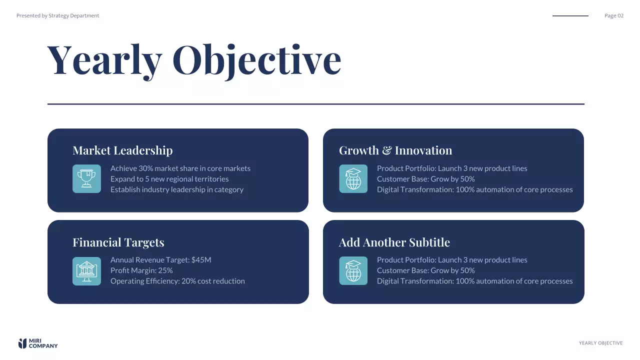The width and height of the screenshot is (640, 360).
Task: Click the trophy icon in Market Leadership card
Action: pyautogui.click(x=86, y=179)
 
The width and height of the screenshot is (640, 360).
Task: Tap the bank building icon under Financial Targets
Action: pyautogui.click(x=86, y=271)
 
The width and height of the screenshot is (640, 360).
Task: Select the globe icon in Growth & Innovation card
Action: pyautogui.click(x=353, y=179)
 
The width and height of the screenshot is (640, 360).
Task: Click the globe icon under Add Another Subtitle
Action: pyautogui.click(x=353, y=271)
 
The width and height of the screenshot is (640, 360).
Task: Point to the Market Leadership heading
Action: pyautogui.click(x=122, y=150)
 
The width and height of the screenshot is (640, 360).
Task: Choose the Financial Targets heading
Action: pyautogui.click(x=118, y=242)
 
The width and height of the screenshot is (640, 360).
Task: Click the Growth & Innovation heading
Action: pyautogui.click(x=395, y=150)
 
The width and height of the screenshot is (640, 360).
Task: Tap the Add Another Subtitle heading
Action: pyautogui.click(x=394, y=242)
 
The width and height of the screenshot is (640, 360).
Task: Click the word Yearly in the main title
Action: pyautogui.click(x=104, y=60)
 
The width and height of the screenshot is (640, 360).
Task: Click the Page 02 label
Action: pyautogui.click(x=613, y=15)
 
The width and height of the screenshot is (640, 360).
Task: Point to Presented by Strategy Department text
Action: pyautogui.click(x=57, y=15)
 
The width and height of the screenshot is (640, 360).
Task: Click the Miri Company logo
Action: pyautogui.click(x=38, y=343)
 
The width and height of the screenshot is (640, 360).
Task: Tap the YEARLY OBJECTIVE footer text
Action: pyautogui.click(x=600, y=343)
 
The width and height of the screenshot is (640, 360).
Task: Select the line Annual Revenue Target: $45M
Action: pyautogui.click(x=160, y=260)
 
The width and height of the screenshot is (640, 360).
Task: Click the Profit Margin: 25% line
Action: pyautogui.click(x=141, y=270)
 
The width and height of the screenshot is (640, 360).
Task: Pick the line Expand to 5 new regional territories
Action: pyautogui.click(x=169, y=179)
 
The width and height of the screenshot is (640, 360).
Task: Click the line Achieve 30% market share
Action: pyautogui.click(x=180, y=168)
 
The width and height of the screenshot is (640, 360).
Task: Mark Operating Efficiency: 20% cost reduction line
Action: pyautogui.click(x=177, y=281)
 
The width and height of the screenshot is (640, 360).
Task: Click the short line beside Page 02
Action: pyautogui.click(x=570, y=16)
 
